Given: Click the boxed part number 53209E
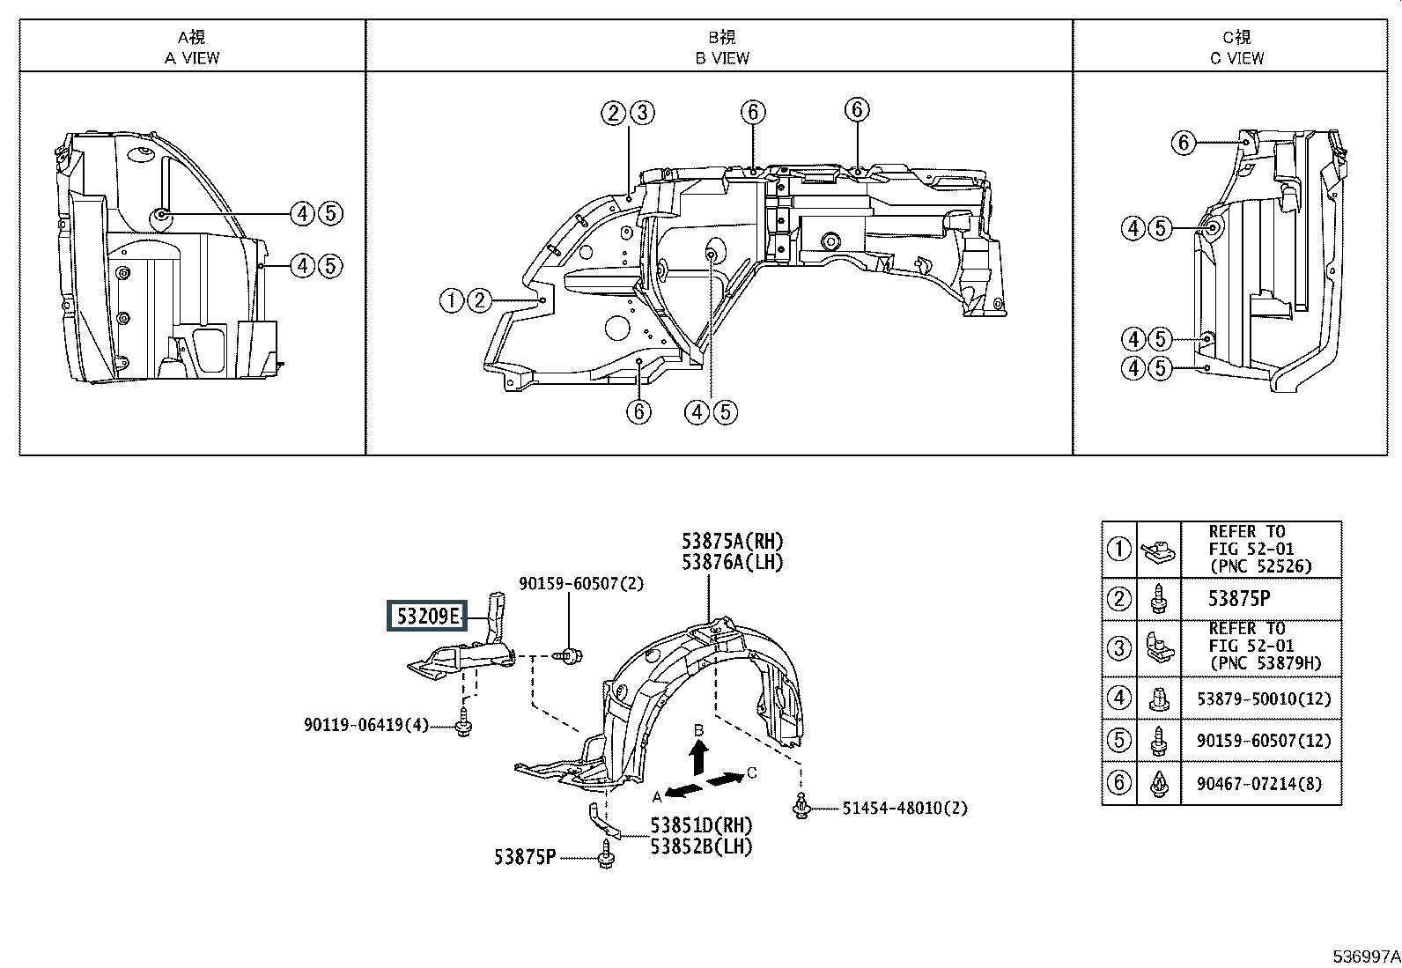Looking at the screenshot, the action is (427, 616).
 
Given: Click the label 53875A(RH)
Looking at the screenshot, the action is (733, 541).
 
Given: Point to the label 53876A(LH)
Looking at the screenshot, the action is (733, 562).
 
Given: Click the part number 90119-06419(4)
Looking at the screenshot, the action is (366, 725).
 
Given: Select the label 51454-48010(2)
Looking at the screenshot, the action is (904, 809).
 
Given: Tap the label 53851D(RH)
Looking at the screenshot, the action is (701, 825).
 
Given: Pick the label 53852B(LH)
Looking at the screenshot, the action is (701, 846).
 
